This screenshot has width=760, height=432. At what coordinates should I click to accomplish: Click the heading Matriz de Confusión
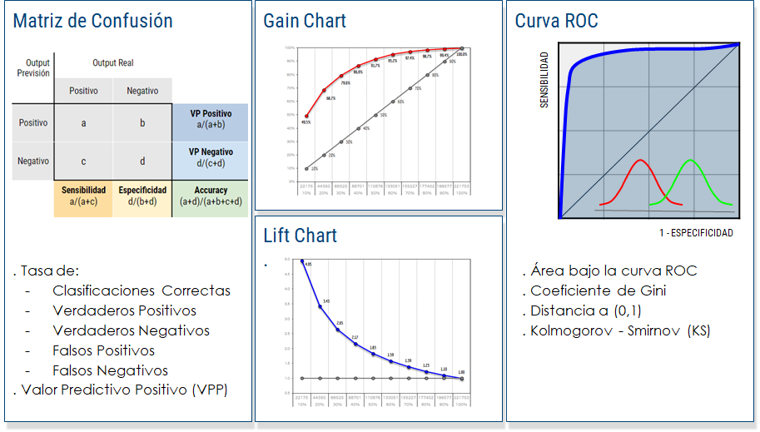tap(93, 21)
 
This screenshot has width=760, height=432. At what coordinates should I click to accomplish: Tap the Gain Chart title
tap(305, 21)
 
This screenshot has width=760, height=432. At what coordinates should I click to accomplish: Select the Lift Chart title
tap(301, 236)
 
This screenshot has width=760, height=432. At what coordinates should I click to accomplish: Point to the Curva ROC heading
tap(557, 21)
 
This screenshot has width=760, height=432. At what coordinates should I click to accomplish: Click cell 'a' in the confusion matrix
tap(83, 123)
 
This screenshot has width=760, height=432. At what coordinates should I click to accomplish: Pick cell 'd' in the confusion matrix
tap(142, 161)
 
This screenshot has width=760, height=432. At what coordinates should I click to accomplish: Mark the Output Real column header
tap(113, 62)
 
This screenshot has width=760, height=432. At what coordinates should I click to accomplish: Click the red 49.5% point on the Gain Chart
tap(306, 117)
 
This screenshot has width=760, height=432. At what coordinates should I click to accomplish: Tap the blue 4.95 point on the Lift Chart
tap(301, 261)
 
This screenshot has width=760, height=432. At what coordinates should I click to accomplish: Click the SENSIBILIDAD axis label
tap(544, 80)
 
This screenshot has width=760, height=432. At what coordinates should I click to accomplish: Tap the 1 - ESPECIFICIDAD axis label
tap(696, 233)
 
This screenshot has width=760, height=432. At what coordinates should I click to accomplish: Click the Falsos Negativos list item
tap(110, 370)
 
